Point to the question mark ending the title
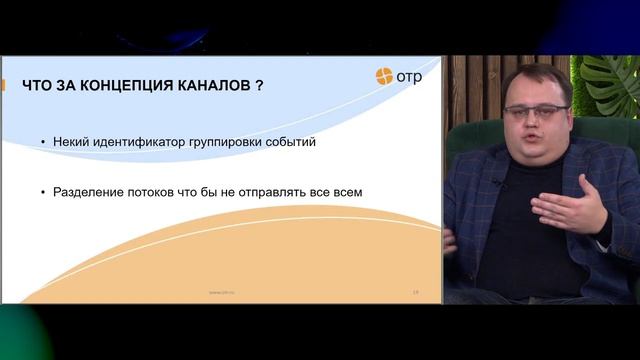[260, 85]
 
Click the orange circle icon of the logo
[384, 76]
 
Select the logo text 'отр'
[409, 77]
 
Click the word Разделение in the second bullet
[91, 190]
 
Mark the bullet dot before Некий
[43, 143]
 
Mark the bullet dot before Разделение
[43, 190]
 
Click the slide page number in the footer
[415, 292]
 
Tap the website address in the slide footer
[222, 292]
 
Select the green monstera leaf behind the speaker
[613, 85]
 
